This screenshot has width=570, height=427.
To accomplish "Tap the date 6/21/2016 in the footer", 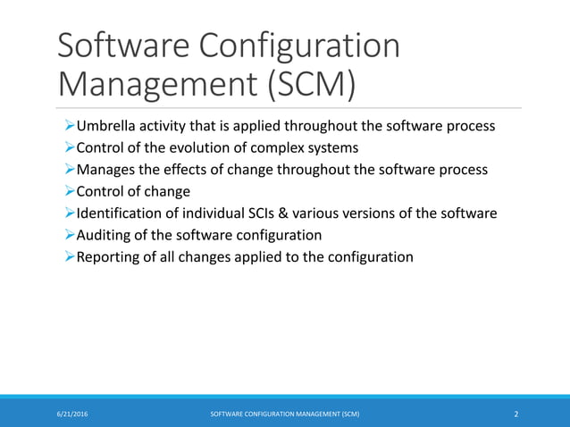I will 74,414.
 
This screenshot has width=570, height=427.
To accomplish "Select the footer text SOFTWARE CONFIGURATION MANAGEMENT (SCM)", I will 285,414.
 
